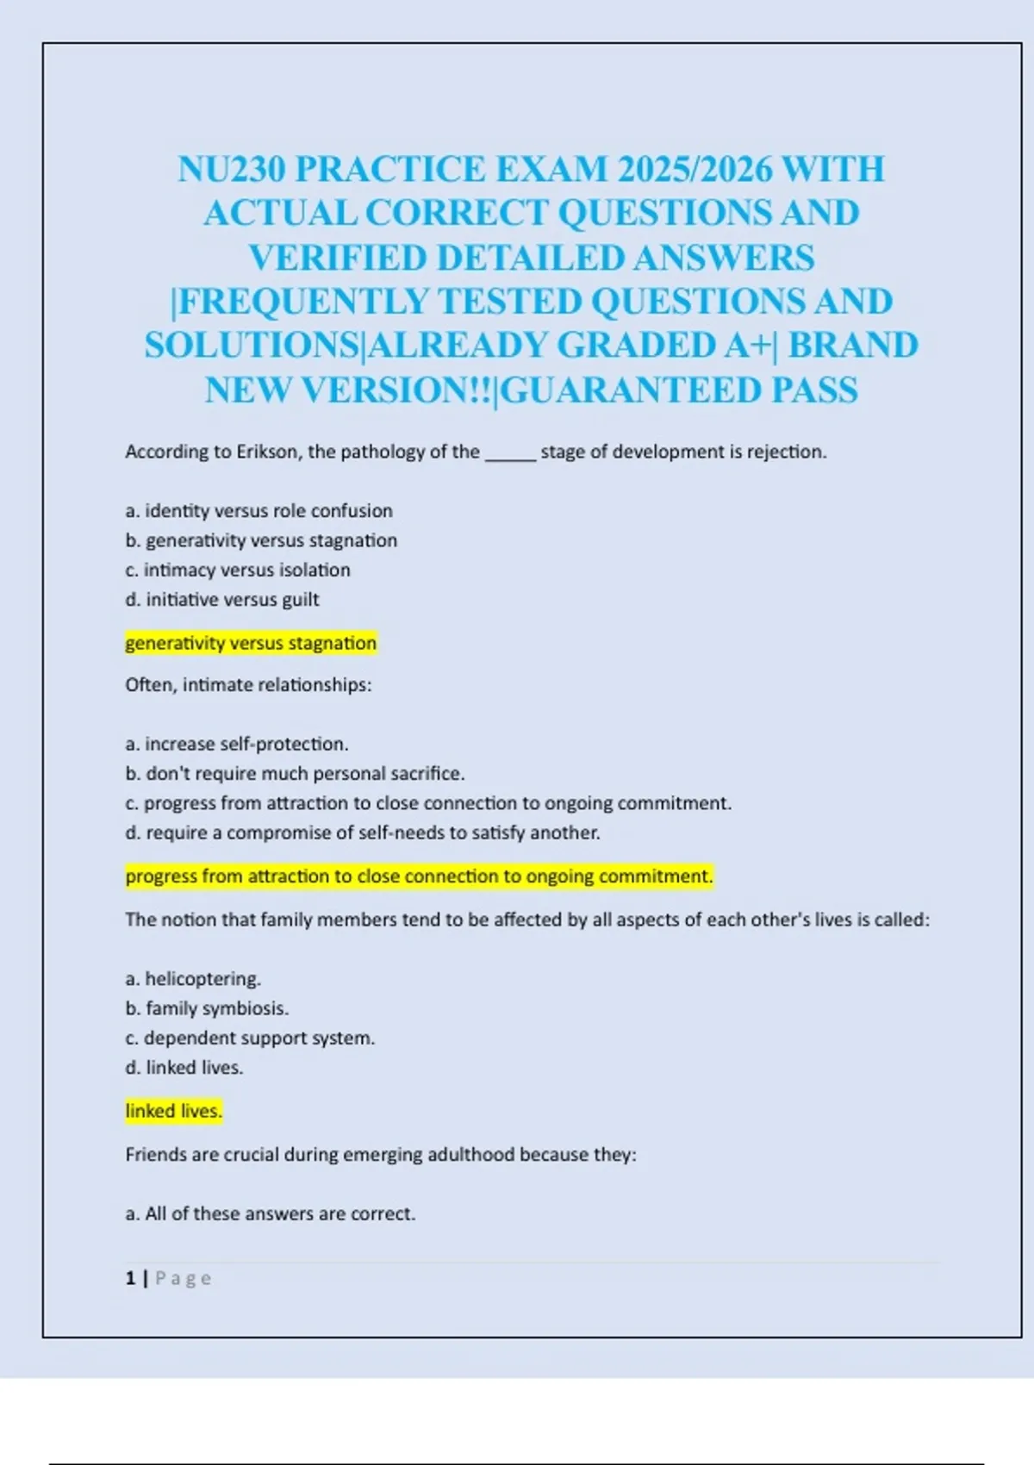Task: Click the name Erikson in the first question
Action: [268, 452]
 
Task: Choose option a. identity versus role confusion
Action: [258, 511]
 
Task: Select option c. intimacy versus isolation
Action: [238, 570]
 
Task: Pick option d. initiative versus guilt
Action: [222, 600]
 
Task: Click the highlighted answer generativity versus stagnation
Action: [251, 643]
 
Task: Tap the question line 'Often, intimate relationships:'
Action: [248, 685]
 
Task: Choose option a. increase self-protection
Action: [237, 744]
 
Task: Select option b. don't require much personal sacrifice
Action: [295, 774]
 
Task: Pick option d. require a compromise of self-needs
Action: [363, 833]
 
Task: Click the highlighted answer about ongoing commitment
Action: [419, 876]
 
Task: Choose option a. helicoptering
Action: [193, 979]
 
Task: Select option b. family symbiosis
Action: [207, 1008]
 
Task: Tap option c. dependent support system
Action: [250, 1038]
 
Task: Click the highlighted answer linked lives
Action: [173, 1112]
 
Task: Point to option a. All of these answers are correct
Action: [271, 1214]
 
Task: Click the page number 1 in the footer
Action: [130, 1278]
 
